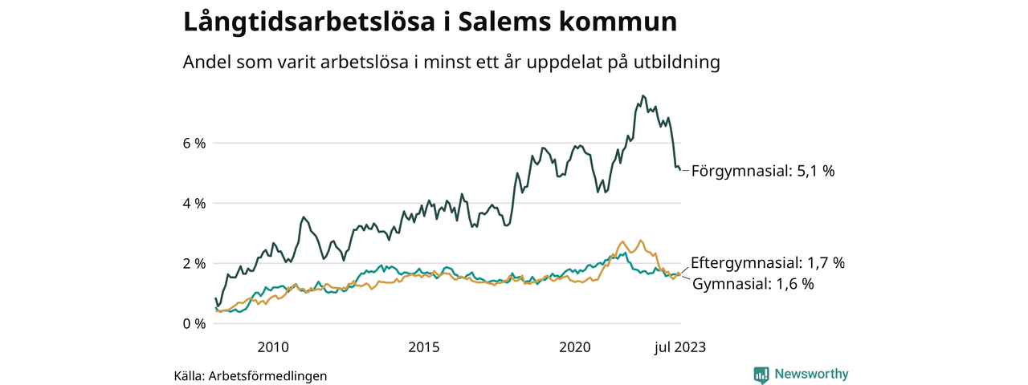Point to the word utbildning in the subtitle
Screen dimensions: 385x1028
[679, 63]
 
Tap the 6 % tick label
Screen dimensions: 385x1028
[194, 144]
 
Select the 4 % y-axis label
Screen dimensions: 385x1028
[194, 204]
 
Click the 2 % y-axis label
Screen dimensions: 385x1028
[194, 264]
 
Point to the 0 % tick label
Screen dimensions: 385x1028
[194, 324]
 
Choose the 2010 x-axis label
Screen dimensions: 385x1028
[273, 347]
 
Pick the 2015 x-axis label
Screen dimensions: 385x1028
[424, 347]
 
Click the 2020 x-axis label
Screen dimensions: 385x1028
[575, 347]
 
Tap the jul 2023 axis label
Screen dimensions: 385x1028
[679, 347]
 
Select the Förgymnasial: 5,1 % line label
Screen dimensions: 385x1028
[763, 172]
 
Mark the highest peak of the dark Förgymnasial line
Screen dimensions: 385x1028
[642, 95]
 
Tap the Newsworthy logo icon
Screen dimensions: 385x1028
[761, 375]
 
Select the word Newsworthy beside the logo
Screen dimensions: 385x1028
[811, 375]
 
